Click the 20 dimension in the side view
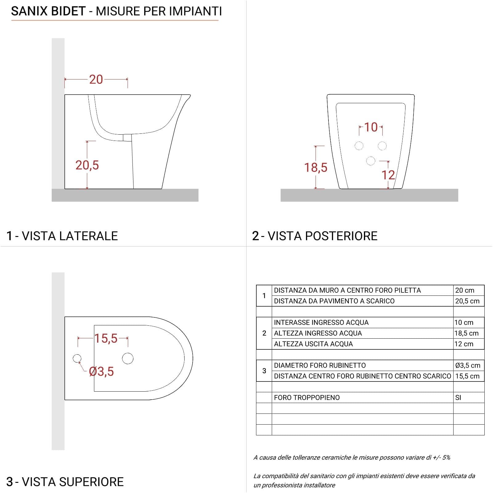pos(96,79)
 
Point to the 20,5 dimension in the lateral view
pos(87,165)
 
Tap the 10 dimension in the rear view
pos(371,127)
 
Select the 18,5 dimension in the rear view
pos(316,168)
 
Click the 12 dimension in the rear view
pos(388,175)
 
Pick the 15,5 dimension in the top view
pos(106,338)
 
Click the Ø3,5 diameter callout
pos(101,372)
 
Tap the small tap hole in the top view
pos(77,358)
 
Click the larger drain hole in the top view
pos(128,358)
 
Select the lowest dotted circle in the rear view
pos(371,161)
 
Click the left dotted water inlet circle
pos(359,146)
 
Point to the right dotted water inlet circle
pos(382,146)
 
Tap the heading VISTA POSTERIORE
pos(323,236)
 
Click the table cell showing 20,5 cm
pos(467,301)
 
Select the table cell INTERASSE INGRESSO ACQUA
pos(321,323)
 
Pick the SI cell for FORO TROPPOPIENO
pos(458,397)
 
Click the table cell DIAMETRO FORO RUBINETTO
pos(320,365)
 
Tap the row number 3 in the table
pos(264,371)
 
